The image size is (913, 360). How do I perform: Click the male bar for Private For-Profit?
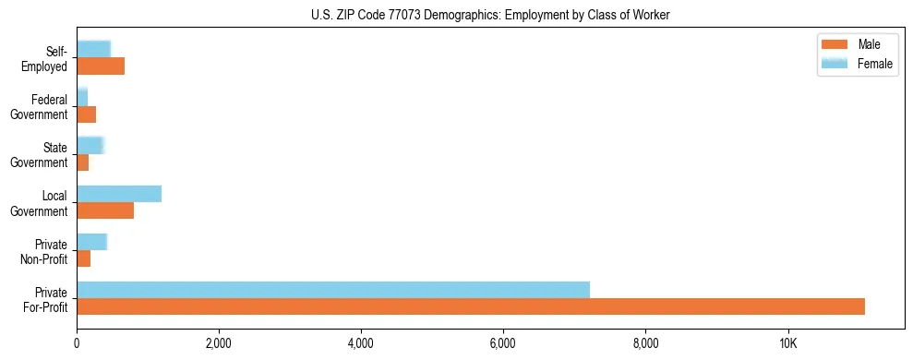click(471, 306)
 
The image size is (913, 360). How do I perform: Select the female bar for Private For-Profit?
click(333, 290)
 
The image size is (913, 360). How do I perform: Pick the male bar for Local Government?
click(105, 210)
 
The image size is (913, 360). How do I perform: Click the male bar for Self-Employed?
click(101, 66)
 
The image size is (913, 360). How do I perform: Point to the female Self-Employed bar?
click(93, 49)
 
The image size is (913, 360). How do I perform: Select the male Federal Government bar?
click(87, 114)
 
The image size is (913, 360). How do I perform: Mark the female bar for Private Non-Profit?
click(92, 242)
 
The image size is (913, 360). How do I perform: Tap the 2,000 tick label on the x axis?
click(219, 343)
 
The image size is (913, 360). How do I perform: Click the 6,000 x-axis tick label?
click(503, 343)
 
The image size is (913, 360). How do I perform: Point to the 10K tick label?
click(787, 343)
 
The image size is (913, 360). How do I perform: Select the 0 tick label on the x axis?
click(77, 343)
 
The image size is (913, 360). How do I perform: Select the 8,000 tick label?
click(645, 343)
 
